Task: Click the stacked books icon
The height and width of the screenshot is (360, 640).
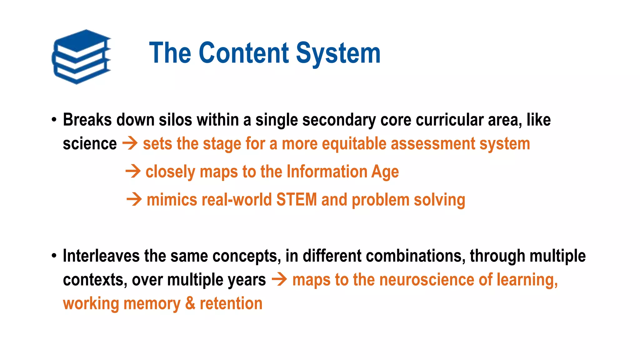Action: click(81, 57)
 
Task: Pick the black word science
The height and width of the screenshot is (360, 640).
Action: click(90, 144)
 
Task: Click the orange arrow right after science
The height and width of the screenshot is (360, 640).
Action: click(130, 144)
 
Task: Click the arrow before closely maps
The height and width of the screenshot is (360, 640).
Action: click(133, 172)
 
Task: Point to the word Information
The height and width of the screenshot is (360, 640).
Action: click(327, 172)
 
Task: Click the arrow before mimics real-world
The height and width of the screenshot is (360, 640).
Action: click(134, 199)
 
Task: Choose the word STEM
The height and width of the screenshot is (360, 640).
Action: click(297, 199)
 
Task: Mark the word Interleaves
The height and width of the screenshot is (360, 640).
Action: click(101, 256)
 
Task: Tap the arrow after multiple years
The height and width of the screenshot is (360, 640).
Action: click(279, 279)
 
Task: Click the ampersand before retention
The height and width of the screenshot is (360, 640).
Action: click(190, 303)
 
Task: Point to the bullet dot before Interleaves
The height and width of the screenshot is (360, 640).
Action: click(54, 256)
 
